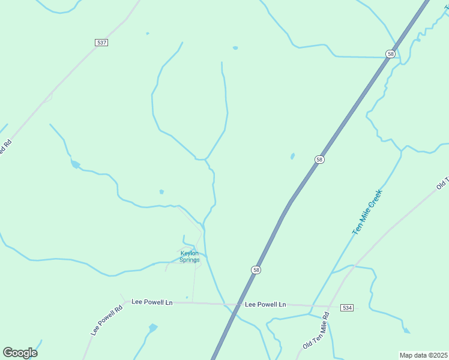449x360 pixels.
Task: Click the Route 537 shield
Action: (101, 43)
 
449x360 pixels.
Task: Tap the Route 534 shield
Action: (347, 308)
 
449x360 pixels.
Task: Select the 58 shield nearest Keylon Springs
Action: (256, 270)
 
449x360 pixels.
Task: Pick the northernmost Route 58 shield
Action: (391, 54)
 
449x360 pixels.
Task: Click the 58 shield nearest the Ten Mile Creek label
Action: (319, 160)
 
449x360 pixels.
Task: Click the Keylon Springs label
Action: (190, 256)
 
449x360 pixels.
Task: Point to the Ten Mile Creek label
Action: (367, 212)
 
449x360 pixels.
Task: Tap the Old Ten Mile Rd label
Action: (316, 331)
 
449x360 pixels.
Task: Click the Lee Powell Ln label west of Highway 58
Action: (152, 302)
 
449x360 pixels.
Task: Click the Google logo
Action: (20, 353)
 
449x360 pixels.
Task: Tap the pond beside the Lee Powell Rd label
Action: (153, 328)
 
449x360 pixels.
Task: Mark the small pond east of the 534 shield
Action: (407, 331)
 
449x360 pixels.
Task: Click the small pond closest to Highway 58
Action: (292, 156)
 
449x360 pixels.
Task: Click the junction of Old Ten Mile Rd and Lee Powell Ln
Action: (332, 306)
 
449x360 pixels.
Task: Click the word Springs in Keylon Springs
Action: (190, 260)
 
